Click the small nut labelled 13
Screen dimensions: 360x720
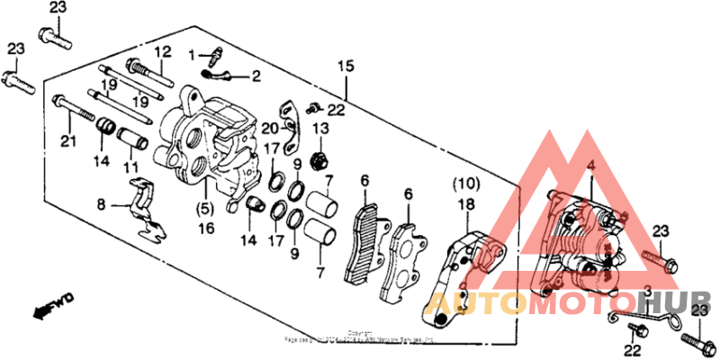pyautogui.click(x=317, y=162)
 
